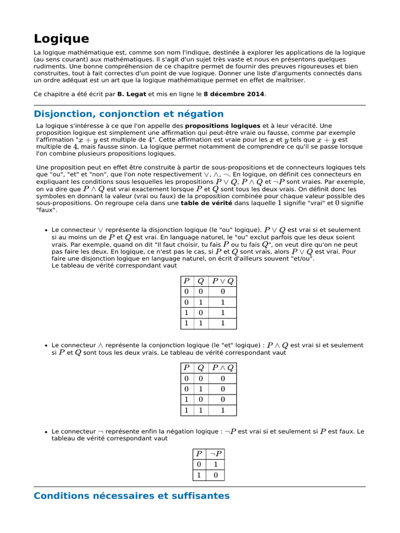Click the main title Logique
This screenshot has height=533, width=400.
(61, 39)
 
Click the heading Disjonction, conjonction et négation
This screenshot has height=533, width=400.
(129, 114)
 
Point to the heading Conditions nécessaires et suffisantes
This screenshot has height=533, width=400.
(131, 496)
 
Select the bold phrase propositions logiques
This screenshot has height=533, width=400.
(223, 126)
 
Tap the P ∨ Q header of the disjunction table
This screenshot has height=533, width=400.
(223, 281)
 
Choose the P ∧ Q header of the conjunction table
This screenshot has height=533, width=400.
(223, 368)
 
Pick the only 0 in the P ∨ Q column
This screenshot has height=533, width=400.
(223, 292)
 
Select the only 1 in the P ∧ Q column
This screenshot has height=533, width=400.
(223, 410)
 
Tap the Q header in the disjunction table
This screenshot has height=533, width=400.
(201, 281)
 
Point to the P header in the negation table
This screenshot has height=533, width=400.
(198, 453)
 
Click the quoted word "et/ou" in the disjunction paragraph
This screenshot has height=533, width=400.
(303, 259)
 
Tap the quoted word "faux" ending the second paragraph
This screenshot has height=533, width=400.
(45, 211)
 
